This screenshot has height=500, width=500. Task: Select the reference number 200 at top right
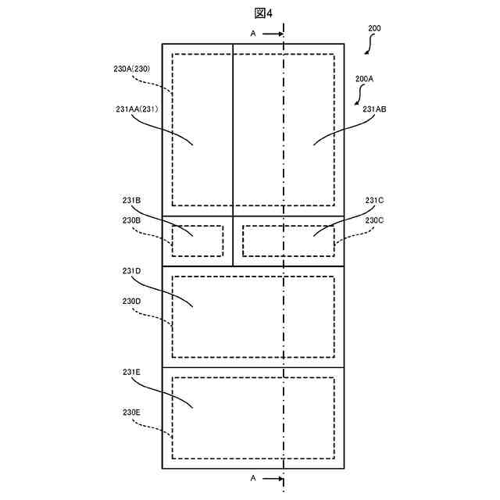(x=374, y=28)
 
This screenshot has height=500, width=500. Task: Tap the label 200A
(x=365, y=79)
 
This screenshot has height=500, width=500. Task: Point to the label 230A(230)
(x=137, y=69)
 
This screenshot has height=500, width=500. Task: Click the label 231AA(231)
(x=137, y=109)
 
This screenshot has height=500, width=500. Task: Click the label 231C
(x=375, y=201)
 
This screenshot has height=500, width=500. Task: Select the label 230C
(x=375, y=220)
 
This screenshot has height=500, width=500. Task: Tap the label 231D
(x=131, y=271)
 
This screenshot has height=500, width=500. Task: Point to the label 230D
(x=131, y=302)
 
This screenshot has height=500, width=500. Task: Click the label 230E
(x=131, y=412)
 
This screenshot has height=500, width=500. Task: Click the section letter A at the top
(x=252, y=34)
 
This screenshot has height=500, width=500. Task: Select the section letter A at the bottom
(x=252, y=477)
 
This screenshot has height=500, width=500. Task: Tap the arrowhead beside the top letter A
(x=279, y=34)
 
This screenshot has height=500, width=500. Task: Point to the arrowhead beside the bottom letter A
(x=279, y=477)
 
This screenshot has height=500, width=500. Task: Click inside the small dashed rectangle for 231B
(x=198, y=241)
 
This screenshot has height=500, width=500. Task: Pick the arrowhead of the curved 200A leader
(x=356, y=103)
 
